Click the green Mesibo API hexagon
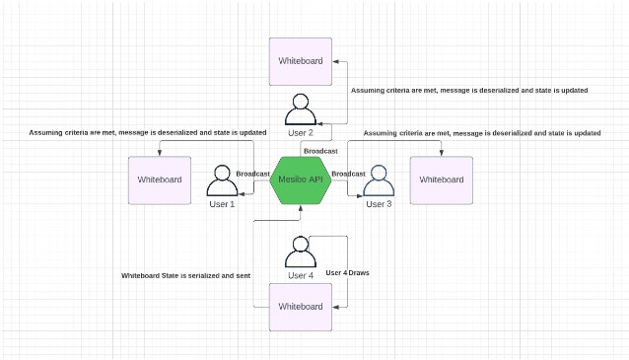pos(301,180)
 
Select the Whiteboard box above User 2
pos(301,61)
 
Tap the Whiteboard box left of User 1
pos(160,180)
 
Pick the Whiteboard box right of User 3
pos(441,180)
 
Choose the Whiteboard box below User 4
pos(301,306)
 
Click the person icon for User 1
pos(223,182)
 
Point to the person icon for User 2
pos(301,109)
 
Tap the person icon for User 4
pos(301,253)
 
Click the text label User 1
pos(223,204)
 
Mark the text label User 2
pos(301,132)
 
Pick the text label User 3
pos(379,204)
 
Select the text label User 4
pos(301,276)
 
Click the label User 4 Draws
pos(348,271)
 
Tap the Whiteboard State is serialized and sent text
pos(186,275)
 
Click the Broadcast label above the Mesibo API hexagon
pos(320,150)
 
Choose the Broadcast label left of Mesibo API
pos(253,174)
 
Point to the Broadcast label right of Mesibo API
pos(348,174)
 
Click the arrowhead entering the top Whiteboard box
pos(336,62)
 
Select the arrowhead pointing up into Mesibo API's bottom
pos(301,208)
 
